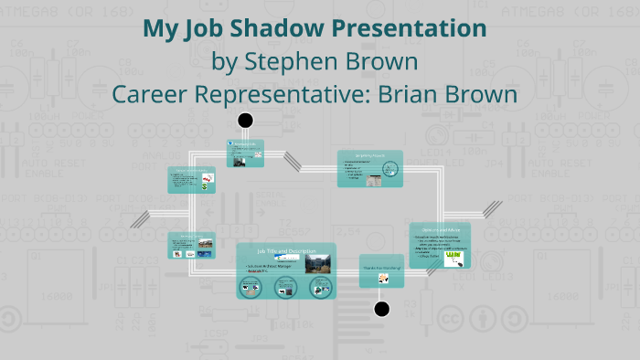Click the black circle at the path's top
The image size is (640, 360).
[245, 120]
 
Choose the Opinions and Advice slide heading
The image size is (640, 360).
[439, 228]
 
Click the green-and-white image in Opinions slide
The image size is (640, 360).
[456, 259]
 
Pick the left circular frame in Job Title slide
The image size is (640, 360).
[251, 288]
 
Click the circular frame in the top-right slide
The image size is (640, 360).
[390, 169]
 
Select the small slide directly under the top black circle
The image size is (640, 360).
[245, 154]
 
